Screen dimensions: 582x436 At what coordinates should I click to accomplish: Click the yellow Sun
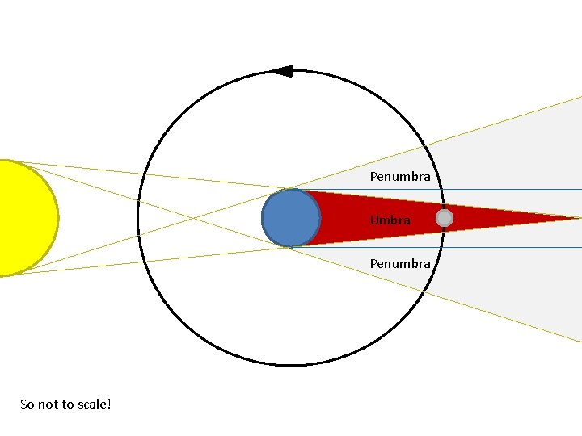click(24, 218)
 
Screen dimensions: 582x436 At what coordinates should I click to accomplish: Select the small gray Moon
click(444, 218)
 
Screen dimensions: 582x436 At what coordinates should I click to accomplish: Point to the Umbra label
click(390, 220)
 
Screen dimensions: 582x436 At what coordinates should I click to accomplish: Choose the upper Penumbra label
click(400, 176)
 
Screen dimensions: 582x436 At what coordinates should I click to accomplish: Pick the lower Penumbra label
click(400, 263)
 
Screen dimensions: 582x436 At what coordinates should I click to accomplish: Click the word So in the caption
click(27, 404)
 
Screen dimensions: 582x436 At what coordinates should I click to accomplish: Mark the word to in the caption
click(67, 404)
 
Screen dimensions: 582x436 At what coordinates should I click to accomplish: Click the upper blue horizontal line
click(517, 189)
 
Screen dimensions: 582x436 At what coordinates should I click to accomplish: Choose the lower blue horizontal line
click(517, 247)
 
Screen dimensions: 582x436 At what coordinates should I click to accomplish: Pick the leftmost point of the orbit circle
click(138, 218)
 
